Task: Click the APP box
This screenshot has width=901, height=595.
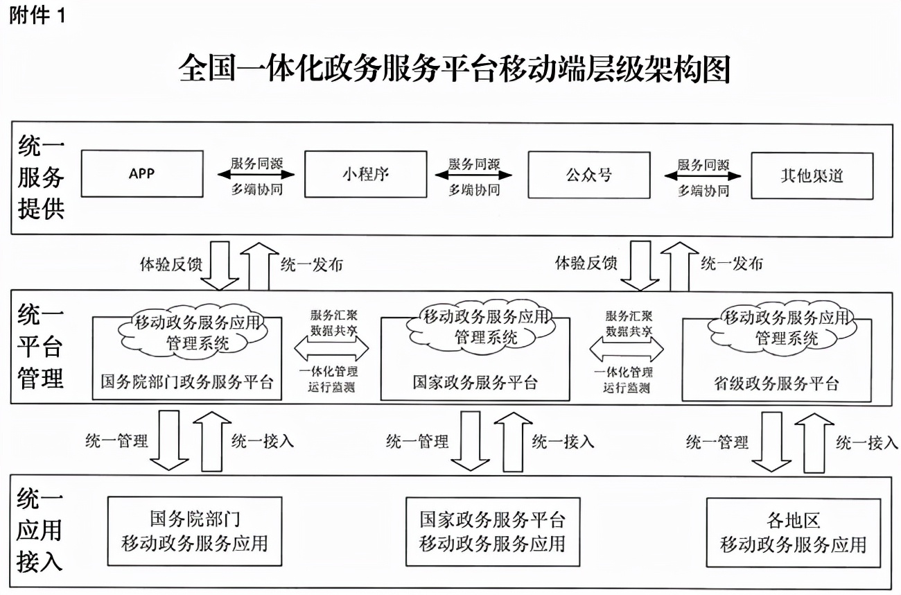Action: (x=141, y=173)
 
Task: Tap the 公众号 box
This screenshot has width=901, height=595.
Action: (x=589, y=173)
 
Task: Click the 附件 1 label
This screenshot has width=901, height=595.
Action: (x=37, y=16)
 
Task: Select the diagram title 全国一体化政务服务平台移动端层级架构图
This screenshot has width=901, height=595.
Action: (x=454, y=70)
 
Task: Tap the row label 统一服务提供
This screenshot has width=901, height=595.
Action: (x=40, y=178)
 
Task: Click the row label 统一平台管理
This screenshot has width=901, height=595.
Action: (x=40, y=347)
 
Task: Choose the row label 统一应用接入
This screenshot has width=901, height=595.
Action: (x=40, y=531)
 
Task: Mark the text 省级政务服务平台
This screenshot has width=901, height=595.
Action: (x=776, y=383)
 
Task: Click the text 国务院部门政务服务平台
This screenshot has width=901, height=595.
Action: (x=186, y=382)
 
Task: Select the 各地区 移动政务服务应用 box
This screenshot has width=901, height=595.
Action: (x=794, y=533)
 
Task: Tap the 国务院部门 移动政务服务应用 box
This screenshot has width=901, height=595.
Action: (x=195, y=531)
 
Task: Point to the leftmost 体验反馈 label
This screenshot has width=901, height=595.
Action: (x=166, y=264)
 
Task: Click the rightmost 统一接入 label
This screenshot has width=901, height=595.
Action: (x=866, y=442)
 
